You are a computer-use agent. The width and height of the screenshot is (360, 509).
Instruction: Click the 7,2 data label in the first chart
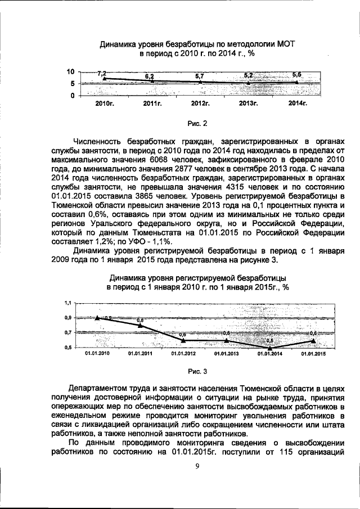pyautogui.click(x=102, y=74)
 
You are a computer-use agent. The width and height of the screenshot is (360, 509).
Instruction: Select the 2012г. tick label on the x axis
pyautogui.click(x=200, y=105)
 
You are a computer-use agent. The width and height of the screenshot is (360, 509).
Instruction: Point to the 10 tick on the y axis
pyautogui.click(x=70, y=72)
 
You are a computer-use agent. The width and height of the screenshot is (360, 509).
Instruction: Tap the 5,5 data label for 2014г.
pyautogui.click(x=297, y=74)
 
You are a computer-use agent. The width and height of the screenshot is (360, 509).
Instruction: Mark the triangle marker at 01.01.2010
pyautogui.click(x=98, y=318)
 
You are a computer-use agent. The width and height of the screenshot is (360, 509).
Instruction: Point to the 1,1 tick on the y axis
pyautogui.click(x=67, y=303)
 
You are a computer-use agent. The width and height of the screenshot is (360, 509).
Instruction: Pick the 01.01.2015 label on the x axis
pyautogui.click(x=313, y=354)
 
